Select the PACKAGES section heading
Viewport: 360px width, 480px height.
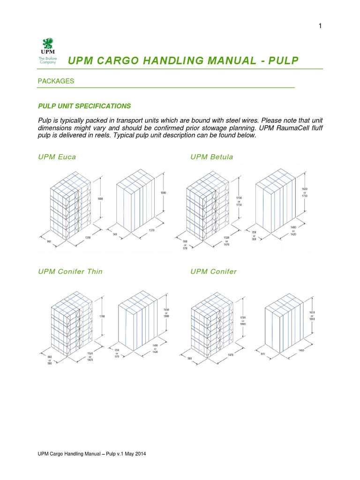pos(56,81)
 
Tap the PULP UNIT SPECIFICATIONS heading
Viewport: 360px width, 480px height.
pos(84,106)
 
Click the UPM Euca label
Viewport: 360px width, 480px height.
pos(57,157)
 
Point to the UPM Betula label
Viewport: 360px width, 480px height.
pos(211,157)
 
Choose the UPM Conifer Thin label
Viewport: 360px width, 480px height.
pos(70,271)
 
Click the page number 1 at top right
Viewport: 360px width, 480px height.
pos(320,26)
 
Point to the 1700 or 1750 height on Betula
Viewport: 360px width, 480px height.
pos(240,202)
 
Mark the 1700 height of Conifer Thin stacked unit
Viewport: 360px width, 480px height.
pos(102,316)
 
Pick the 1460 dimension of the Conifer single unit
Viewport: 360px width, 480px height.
pos(295,350)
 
